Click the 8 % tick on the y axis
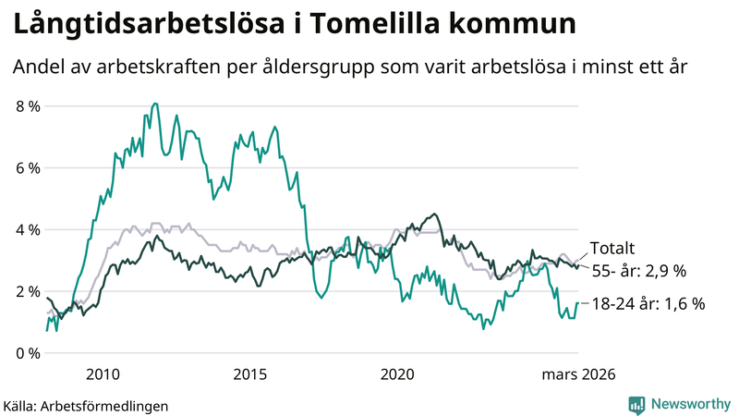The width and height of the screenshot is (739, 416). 28,106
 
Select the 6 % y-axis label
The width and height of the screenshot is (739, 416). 28,168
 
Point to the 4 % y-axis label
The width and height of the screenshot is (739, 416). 28,229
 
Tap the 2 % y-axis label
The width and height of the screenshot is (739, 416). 28,291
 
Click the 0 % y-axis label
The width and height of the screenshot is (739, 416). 28,353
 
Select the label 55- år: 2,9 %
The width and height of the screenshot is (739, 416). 638,271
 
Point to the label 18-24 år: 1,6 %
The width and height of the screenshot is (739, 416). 648,303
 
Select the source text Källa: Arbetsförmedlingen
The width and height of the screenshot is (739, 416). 86,405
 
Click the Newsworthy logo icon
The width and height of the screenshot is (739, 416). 636,404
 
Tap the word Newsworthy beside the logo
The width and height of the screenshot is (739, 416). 690,404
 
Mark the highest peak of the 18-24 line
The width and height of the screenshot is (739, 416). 152,104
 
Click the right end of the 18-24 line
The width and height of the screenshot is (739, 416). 578,303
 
